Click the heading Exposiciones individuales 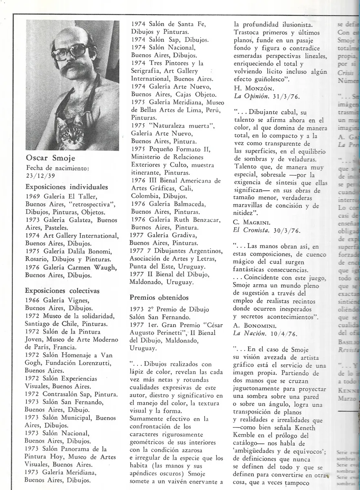click(x=67, y=187)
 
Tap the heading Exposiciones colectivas click(x=62, y=291)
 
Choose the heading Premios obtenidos click(x=159, y=297)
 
